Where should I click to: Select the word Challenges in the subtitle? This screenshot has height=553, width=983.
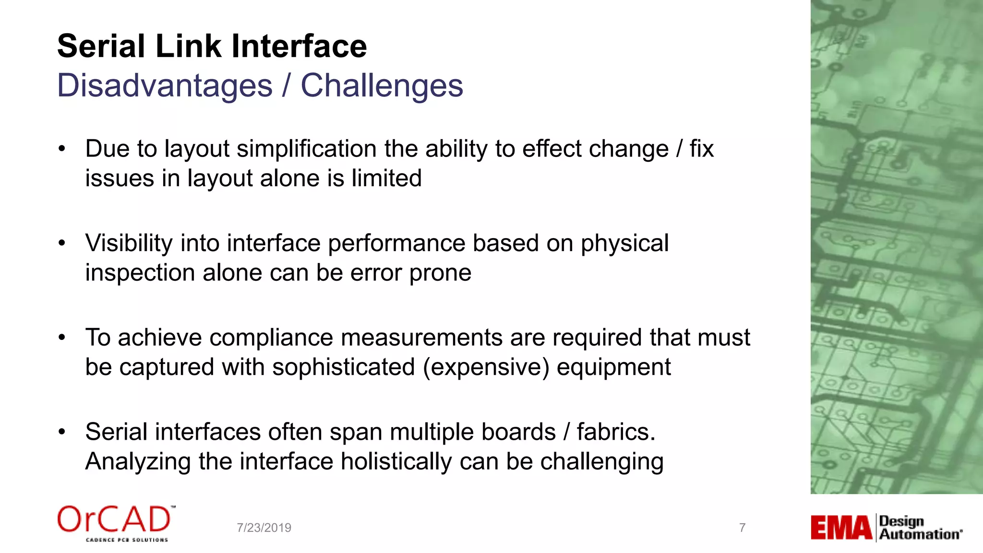(x=382, y=86)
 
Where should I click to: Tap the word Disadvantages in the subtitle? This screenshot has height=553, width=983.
(x=165, y=86)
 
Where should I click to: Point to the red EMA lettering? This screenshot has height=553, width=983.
(x=841, y=528)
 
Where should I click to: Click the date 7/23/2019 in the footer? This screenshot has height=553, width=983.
(x=264, y=528)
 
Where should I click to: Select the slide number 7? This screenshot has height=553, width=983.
(x=742, y=528)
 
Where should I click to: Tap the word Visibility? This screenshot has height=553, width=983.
(x=129, y=243)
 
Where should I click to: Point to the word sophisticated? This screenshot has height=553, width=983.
(x=343, y=367)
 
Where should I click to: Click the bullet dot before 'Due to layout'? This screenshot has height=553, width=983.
(x=61, y=149)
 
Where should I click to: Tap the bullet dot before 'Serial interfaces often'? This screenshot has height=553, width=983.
(x=61, y=432)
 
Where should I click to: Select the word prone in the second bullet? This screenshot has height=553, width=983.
(x=440, y=273)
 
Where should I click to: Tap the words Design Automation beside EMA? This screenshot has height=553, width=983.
(x=920, y=528)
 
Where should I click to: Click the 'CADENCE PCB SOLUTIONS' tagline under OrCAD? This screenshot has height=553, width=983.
(x=127, y=540)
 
